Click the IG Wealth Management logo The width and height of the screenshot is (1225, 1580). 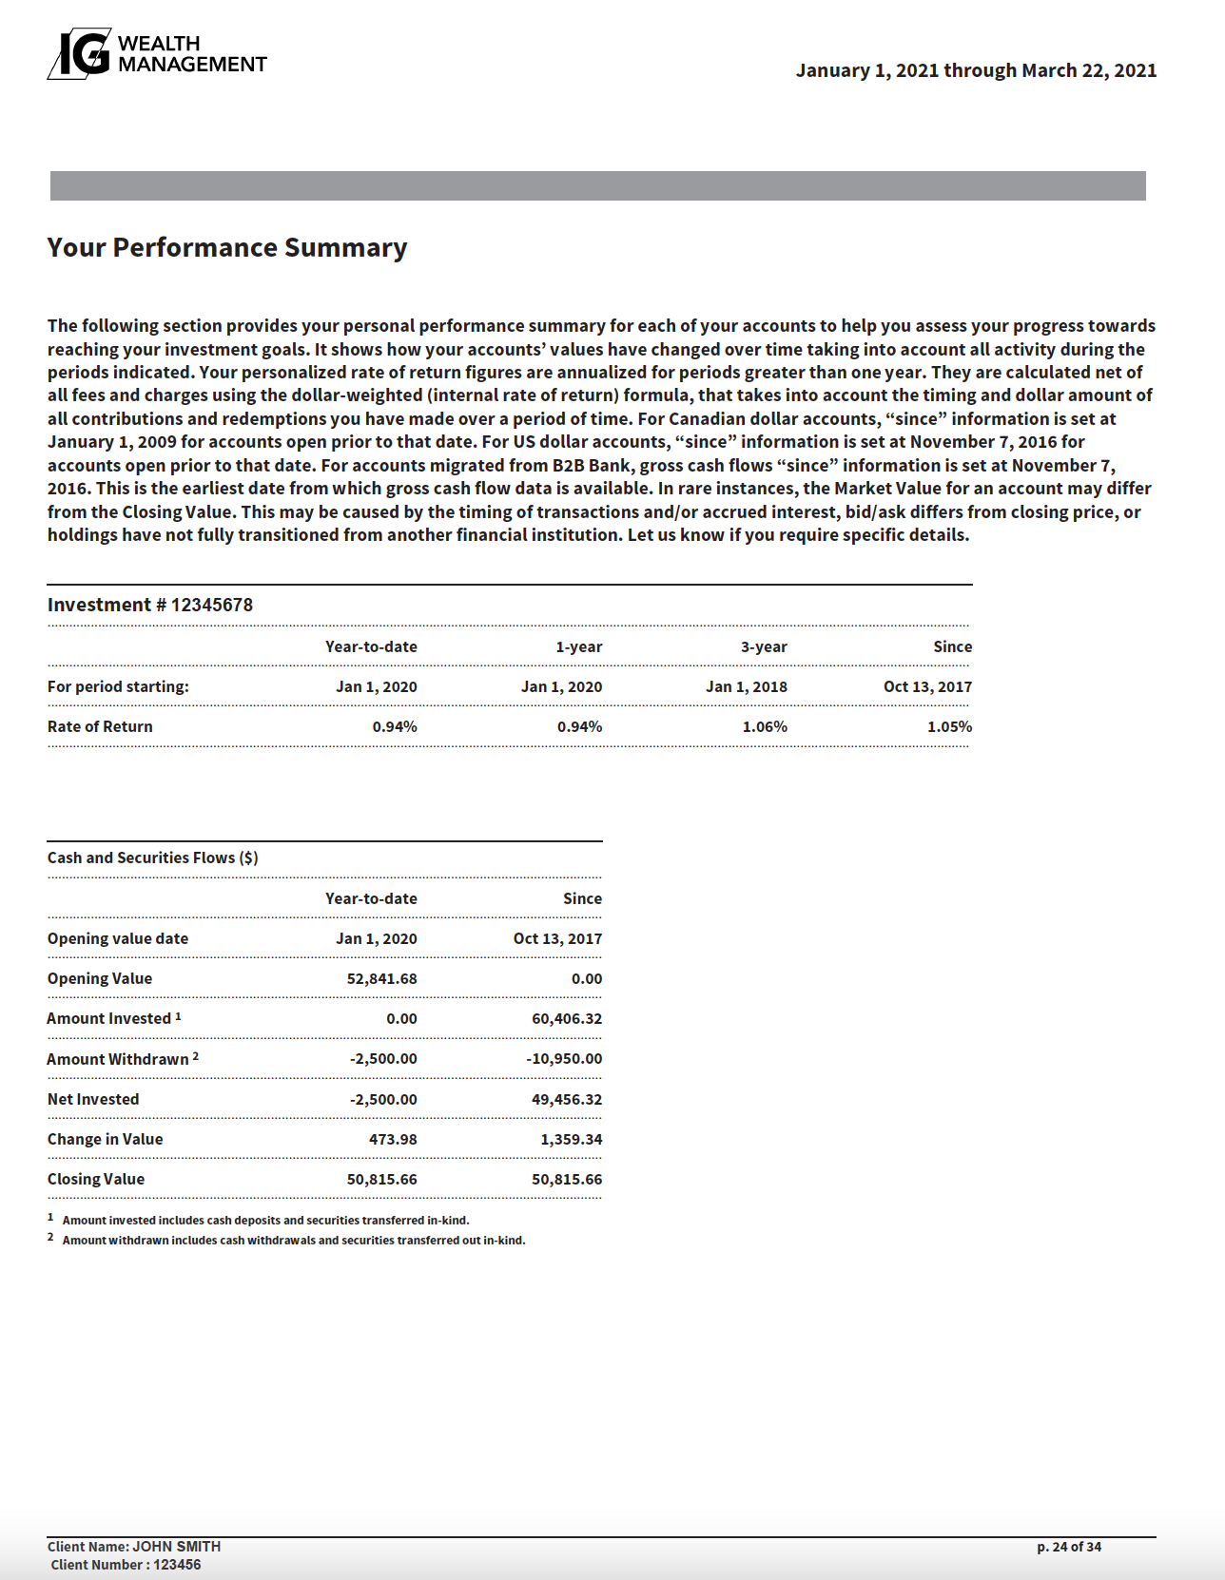pyautogui.click(x=157, y=54)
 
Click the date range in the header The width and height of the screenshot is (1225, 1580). pyautogui.click(x=976, y=70)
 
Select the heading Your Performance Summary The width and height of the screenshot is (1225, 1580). pyautogui.click(x=227, y=248)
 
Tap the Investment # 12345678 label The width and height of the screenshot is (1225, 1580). pyautogui.click(x=150, y=606)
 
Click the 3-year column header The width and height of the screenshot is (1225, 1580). pyautogui.click(x=764, y=646)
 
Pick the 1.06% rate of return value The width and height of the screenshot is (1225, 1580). pyautogui.click(x=765, y=726)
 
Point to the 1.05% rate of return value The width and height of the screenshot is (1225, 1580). pyautogui.click(x=949, y=726)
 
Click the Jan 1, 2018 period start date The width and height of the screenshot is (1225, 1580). pyautogui.click(x=746, y=686)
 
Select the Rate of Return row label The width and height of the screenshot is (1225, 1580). pyautogui.click(x=100, y=726)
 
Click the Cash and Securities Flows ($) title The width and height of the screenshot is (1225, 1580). pyautogui.click(x=153, y=857)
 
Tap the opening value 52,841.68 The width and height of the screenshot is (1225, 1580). pyautogui.click(x=381, y=978)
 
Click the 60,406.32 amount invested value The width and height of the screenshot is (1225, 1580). pyautogui.click(x=567, y=1018)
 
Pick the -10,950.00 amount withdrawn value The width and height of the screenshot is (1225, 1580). pyautogui.click(x=564, y=1058)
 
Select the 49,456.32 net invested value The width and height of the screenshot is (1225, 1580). pyautogui.click(x=567, y=1099)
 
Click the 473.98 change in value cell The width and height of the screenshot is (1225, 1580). pyautogui.click(x=393, y=1139)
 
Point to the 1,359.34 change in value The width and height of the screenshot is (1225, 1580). pyautogui.click(x=571, y=1139)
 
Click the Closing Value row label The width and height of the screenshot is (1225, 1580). pyautogui.click(x=96, y=1179)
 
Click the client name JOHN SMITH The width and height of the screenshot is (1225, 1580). pyautogui.click(x=176, y=1547)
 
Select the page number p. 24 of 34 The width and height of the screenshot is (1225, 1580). pyautogui.click(x=1069, y=1547)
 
